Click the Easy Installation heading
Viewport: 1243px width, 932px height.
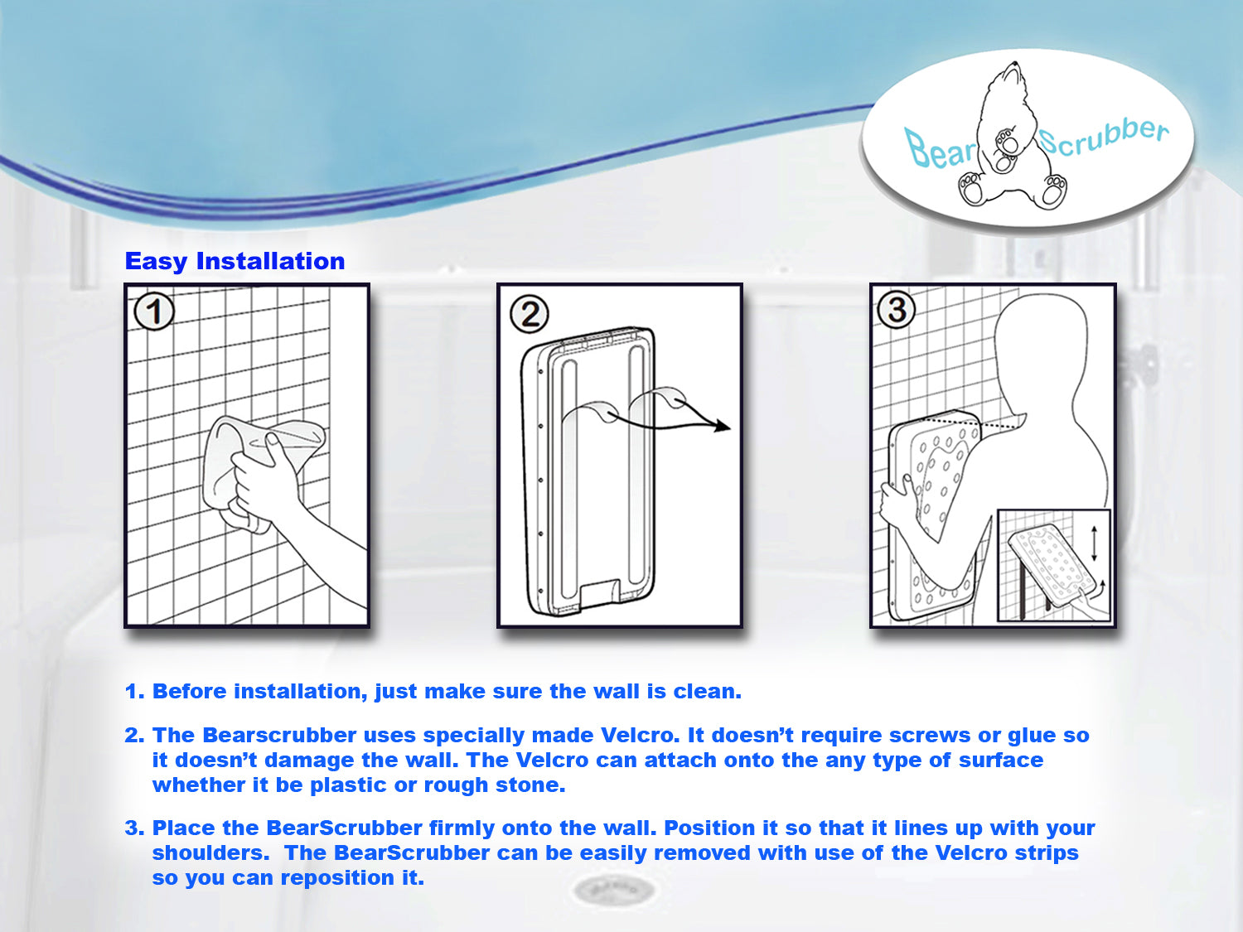tap(235, 261)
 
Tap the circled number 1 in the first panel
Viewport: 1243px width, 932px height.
tap(154, 312)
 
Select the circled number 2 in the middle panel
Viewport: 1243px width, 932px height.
tap(530, 315)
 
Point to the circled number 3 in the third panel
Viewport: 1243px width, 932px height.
tap(897, 311)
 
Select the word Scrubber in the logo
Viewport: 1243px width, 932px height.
tap(1103, 137)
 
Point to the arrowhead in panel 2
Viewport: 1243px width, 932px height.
tap(723, 427)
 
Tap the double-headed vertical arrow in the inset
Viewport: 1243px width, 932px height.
tap(1094, 543)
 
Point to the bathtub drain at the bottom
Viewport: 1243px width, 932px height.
tap(613, 891)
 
